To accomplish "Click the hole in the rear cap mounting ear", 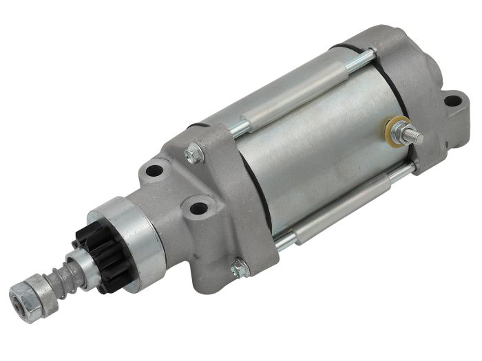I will [452, 102].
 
